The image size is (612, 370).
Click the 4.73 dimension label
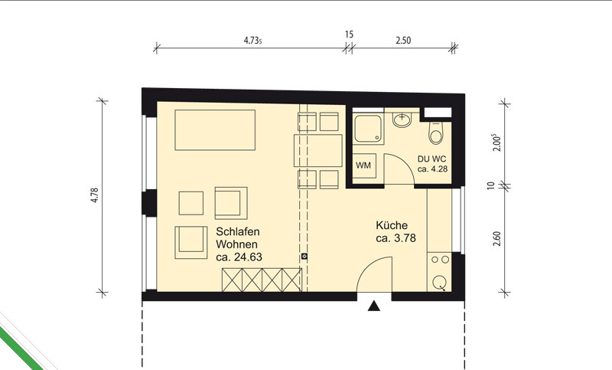(252, 41)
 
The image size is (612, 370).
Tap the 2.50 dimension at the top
(403, 41)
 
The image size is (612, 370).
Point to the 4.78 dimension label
(94, 195)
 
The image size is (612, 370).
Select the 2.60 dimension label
(496, 239)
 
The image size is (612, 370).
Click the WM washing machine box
(363, 165)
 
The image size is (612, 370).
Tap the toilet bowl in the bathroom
(435, 133)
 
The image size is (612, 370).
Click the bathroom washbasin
(402, 120)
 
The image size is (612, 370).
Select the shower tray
(368, 129)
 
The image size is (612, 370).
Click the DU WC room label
(431, 159)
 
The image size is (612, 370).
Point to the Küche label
(392, 225)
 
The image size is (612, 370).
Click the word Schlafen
(238, 231)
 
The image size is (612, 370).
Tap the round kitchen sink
(440, 282)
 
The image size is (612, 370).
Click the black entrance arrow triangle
(374, 306)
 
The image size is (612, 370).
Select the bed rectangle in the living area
(215, 129)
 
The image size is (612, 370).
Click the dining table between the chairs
(318, 150)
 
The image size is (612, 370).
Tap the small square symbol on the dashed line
(304, 257)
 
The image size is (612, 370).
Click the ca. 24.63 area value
(239, 257)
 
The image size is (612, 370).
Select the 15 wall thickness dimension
(350, 34)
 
